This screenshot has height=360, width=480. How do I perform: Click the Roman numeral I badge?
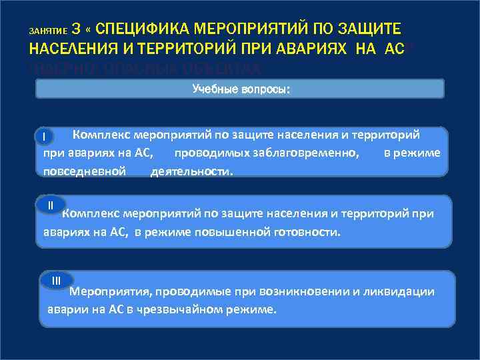(x=43, y=137)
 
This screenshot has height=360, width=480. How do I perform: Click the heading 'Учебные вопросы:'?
(x=240, y=89)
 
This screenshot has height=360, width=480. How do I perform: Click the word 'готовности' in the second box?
(x=308, y=232)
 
